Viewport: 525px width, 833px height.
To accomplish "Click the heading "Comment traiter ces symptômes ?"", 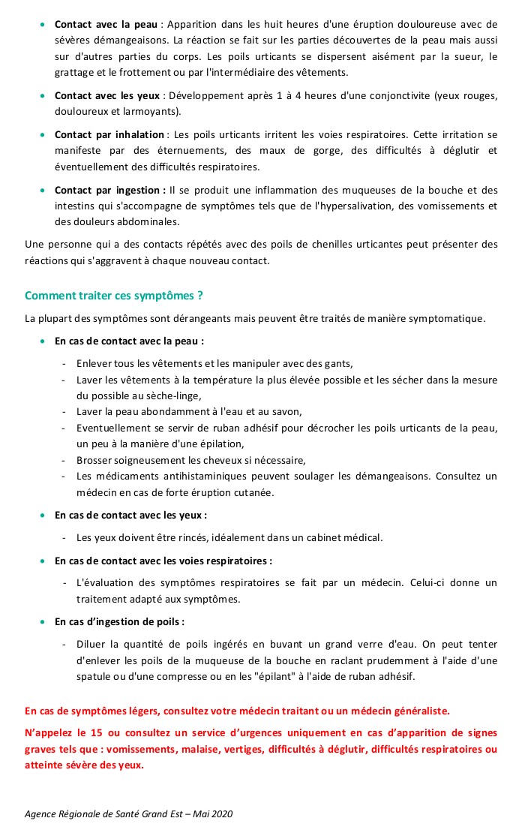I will [x=114, y=296].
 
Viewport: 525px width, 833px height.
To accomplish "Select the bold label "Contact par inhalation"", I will [x=109, y=134].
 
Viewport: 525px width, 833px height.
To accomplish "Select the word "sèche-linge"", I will [x=175, y=395].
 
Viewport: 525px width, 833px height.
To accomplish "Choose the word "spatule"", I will [x=95, y=676].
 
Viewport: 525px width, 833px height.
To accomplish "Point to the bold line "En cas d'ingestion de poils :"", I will [x=119, y=621].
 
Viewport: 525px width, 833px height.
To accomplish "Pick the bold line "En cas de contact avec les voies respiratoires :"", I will [x=163, y=560].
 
